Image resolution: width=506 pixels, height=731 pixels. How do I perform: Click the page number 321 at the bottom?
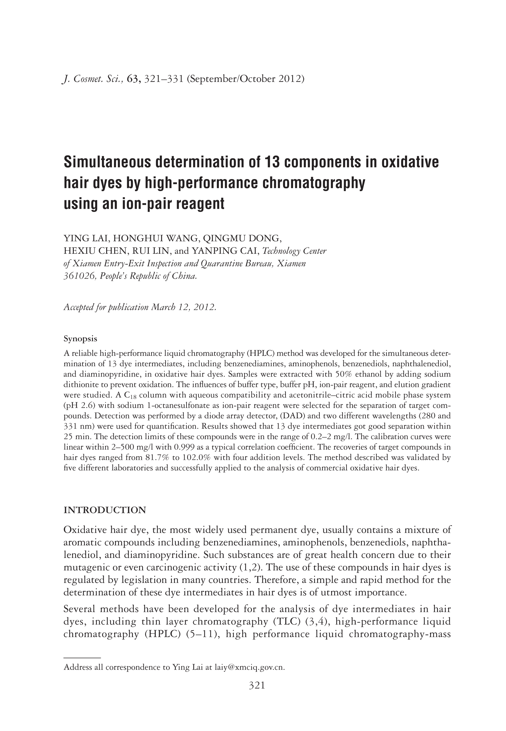pyautogui.click(x=256, y=686)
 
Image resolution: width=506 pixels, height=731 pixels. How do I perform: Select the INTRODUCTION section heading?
pyautogui.click(x=105, y=510)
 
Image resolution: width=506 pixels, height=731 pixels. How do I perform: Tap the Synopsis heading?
pyautogui.click(x=80, y=339)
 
